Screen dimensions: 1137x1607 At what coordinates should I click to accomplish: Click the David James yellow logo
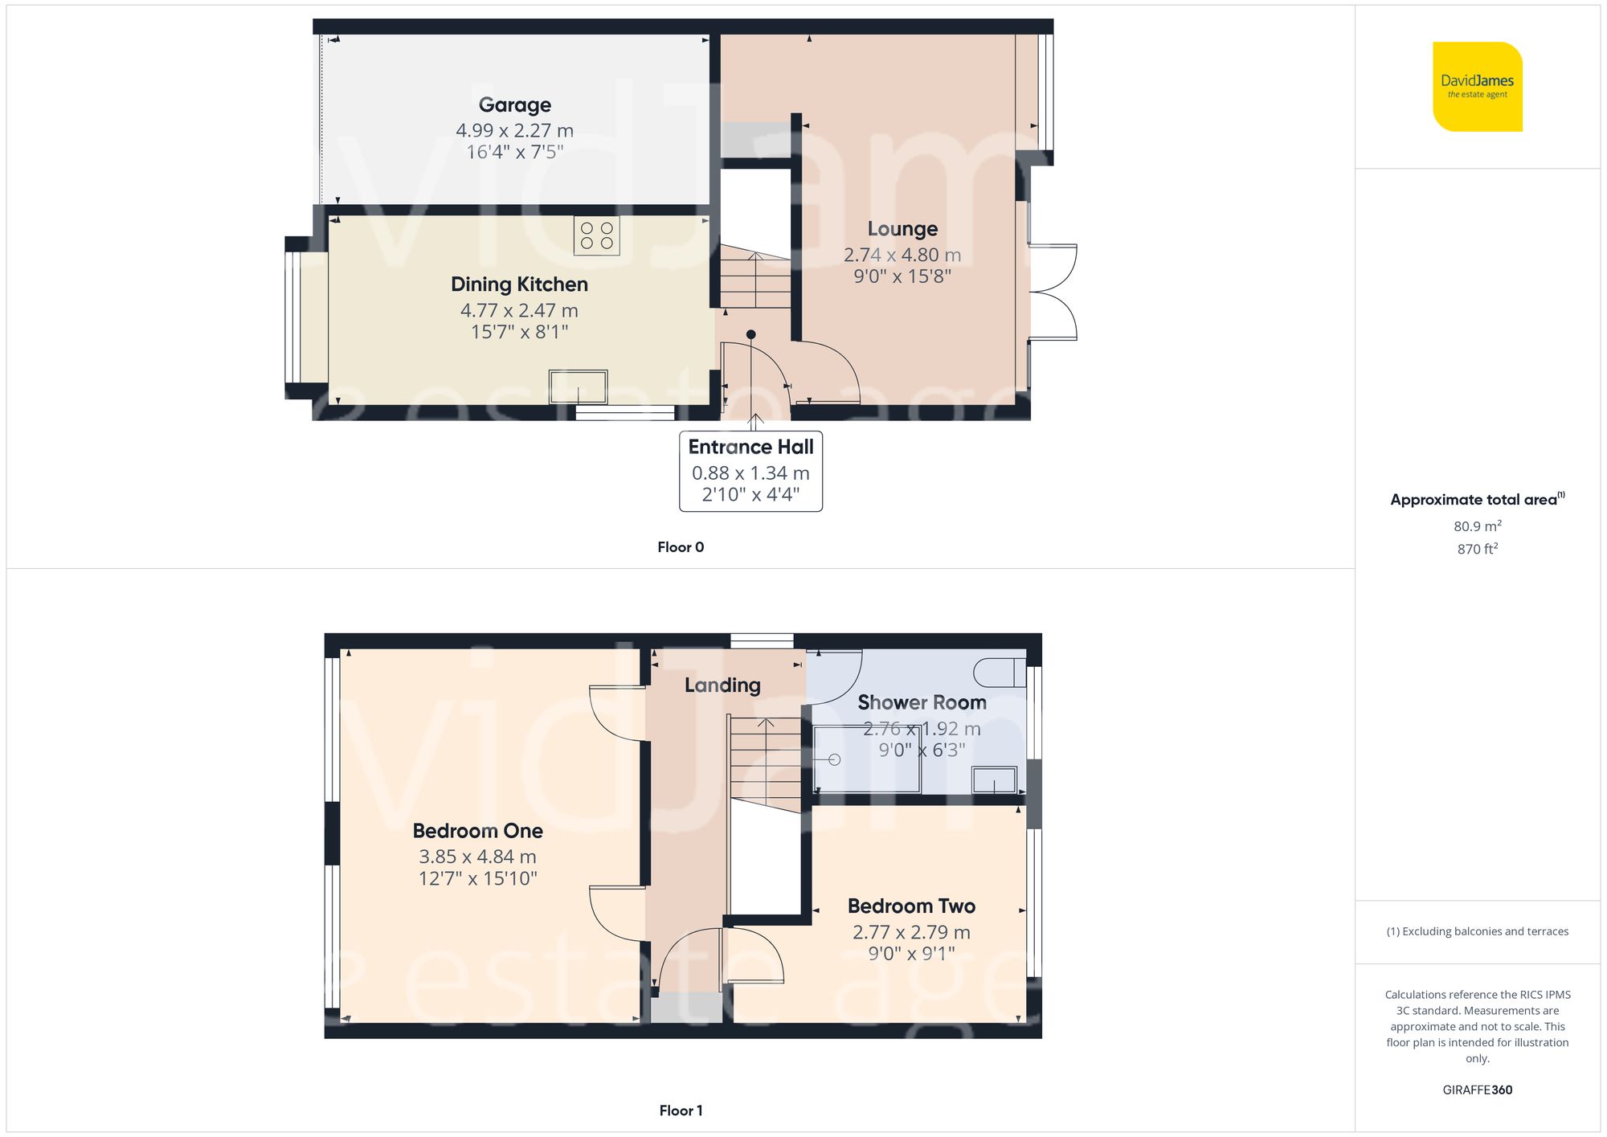click(1477, 87)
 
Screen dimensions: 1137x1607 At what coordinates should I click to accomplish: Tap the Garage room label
click(514, 105)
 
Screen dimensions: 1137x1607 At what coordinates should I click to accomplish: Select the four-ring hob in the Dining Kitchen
click(596, 235)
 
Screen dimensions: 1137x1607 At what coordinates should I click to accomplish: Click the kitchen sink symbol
click(578, 386)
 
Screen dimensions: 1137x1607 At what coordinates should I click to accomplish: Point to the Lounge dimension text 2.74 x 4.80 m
click(902, 255)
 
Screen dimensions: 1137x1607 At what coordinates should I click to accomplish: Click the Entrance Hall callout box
click(750, 471)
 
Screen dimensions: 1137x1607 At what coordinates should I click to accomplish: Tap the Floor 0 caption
click(680, 547)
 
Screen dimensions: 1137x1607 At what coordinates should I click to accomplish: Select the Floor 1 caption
click(680, 1110)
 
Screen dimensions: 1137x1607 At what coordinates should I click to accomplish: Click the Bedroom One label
click(477, 831)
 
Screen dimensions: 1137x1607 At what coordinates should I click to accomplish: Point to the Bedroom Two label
click(911, 906)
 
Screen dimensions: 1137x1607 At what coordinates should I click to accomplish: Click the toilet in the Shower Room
click(999, 673)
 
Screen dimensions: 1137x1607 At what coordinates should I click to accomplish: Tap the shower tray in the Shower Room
click(866, 759)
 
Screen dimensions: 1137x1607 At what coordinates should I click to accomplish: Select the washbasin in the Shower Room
click(994, 780)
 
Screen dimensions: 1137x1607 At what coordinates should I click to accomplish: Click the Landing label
click(722, 685)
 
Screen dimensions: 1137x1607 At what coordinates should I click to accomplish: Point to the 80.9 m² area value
click(1477, 526)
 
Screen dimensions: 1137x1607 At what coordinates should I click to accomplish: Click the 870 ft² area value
click(1477, 549)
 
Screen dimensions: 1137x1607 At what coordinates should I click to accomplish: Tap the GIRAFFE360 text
click(1477, 1090)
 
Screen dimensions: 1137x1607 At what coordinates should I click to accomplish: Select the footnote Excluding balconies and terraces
click(1477, 931)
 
